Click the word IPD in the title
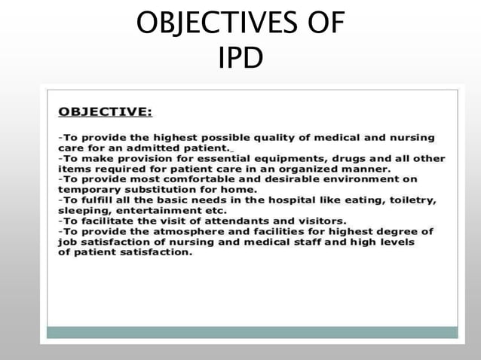point(240,57)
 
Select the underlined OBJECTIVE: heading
point(105,112)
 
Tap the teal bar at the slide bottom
point(252,332)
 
